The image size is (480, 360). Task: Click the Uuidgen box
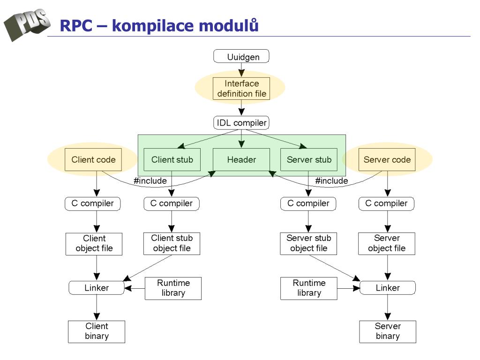pos(241,56)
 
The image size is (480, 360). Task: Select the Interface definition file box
pos(241,89)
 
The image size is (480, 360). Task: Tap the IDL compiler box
pos(241,123)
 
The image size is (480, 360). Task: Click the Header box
pos(241,159)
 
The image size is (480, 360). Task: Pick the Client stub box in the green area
pos(172,159)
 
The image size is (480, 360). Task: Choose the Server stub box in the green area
pos(309,159)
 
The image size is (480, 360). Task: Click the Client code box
pos(93,159)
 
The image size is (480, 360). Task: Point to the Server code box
pos(387,159)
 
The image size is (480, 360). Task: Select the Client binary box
pos(97,331)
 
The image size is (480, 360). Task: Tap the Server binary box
pos(388,331)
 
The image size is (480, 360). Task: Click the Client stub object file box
pos(172,244)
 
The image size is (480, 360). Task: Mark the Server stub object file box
pos(308,244)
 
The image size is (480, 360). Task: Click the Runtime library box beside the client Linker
pos(173,288)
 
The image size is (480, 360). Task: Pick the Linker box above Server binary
pos(388,288)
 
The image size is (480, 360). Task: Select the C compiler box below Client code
pos(92,203)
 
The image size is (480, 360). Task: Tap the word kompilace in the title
pos(152,26)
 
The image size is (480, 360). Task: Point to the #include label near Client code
pos(150,181)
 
